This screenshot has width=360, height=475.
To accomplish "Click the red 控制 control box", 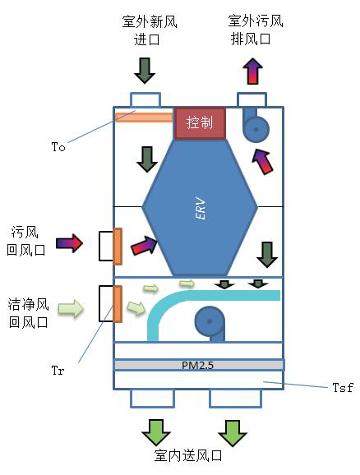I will (x=200, y=122).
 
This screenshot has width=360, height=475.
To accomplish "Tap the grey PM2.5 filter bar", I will (x=199, y=364).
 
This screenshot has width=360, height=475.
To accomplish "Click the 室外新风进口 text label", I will (x=145, y=31).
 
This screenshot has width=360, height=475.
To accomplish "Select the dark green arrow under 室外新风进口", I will (x=145, y=70).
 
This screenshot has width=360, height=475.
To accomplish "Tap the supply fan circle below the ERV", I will (x=210, y=320).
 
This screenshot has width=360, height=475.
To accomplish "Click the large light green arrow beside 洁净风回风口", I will (x=72, y=309).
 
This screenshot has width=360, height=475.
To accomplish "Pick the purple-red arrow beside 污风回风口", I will (x=69, y=243).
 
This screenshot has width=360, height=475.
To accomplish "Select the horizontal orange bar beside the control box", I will (x=144, y=117).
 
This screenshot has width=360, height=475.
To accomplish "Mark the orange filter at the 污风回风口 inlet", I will (x=118, y=246).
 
